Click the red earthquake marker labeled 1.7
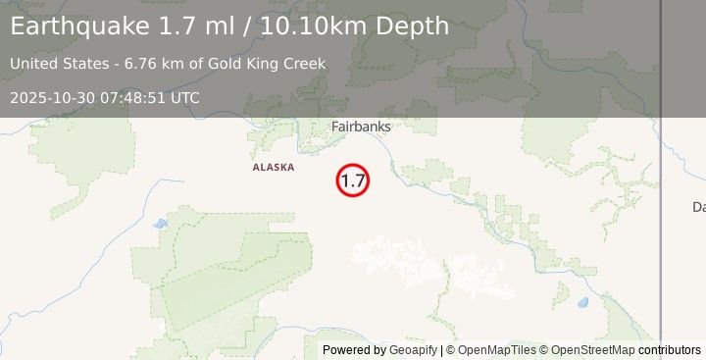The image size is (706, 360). (353, 180)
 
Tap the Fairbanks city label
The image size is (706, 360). (361, 127)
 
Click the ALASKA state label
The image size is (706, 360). (273, 168)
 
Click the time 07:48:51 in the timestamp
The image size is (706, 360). (132, 98)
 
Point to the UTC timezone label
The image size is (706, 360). (184, 98)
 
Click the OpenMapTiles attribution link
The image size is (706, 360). (494, 350)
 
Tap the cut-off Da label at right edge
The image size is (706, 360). (698, 207)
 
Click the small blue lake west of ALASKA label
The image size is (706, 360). (160, 224)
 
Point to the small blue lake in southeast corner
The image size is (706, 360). (582, 302)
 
